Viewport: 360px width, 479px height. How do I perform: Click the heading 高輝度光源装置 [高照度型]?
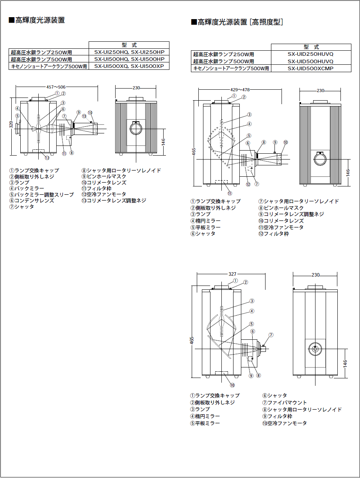237,22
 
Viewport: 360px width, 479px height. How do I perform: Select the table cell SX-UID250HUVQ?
310,54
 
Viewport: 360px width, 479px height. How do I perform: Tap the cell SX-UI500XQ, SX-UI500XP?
129,66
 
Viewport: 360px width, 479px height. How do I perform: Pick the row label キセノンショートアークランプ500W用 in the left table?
49,66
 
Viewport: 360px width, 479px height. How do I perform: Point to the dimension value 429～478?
240,90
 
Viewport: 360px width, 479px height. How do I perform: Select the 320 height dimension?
11,124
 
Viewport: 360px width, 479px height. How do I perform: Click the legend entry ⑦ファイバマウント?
285,403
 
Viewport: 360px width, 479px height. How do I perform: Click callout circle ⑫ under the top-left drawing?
47,158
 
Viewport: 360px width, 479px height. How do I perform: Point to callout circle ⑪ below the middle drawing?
230,193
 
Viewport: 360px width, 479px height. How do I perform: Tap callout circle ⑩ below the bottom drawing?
232,385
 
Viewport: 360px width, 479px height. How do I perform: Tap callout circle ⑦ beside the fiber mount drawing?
271,335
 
